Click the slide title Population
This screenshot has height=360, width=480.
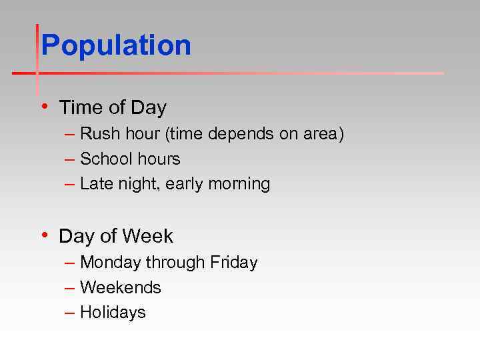pyautogui.click(x=116, y=46)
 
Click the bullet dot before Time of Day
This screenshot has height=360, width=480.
pyautogui.click(x=44, y=106)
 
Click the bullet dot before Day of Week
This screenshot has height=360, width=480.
pyautogui.click(x=44, y=235)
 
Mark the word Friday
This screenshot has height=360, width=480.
pyautogui.click(x=233, y=263)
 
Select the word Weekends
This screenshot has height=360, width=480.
pyautogui.click(x=121, y=287)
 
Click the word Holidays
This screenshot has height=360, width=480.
pyautogui.click(x=113, y=313)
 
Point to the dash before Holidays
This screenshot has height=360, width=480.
pyautogui.click(x=70, y=313)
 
